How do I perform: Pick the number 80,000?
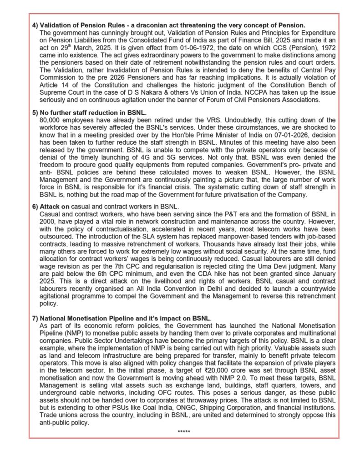[x=51, y=119]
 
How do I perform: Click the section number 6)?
[x=35, y=206]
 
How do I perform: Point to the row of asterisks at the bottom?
[x=184, y=431]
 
